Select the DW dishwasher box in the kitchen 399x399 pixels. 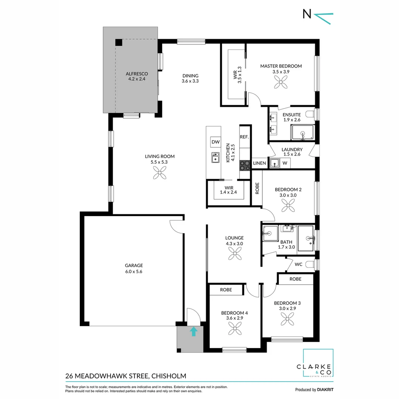pyautogui.click(x=215, y=142)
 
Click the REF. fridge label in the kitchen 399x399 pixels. pyautogui.click(x=244, y=137)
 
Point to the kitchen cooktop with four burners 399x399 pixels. pyautogui.click(x=245, y=165)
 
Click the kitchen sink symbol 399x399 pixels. pyautogui.click(x=215, y=158)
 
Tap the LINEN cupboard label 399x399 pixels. pyautogui.click(x=259, y=163)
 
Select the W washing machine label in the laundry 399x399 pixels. pyautogui.click(x=285, y=163)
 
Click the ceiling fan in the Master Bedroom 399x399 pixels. pyautogui.click(x=281, y=84)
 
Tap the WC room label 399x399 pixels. pyautogui.click(x=299, y=264)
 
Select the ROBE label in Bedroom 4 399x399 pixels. pyautogui.click(x=226, y=290)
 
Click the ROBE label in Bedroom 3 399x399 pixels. pyautogui.click(x=295, y=279)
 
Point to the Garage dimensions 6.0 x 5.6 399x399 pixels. pyautogui.click(x=134, y=271)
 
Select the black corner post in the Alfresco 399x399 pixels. pyautogui.click(x=119, y=42)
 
